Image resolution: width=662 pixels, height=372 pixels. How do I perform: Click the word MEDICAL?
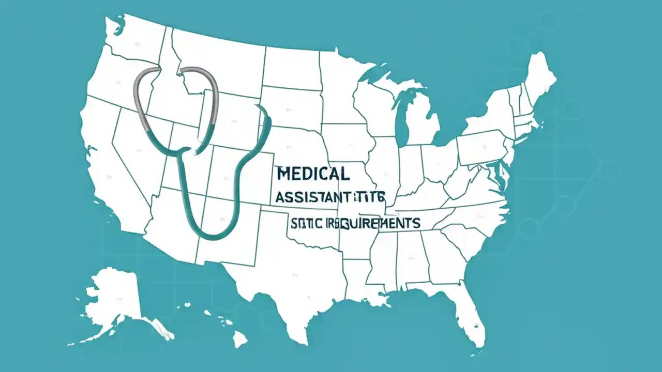coord(312,174)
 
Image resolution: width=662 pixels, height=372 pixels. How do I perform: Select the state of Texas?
coord(290,279)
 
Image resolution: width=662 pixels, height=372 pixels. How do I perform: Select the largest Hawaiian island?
coord(239,339)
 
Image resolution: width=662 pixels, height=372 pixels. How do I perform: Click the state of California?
coord(111,176)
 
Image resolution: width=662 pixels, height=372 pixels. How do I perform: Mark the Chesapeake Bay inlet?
coord(500,176)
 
